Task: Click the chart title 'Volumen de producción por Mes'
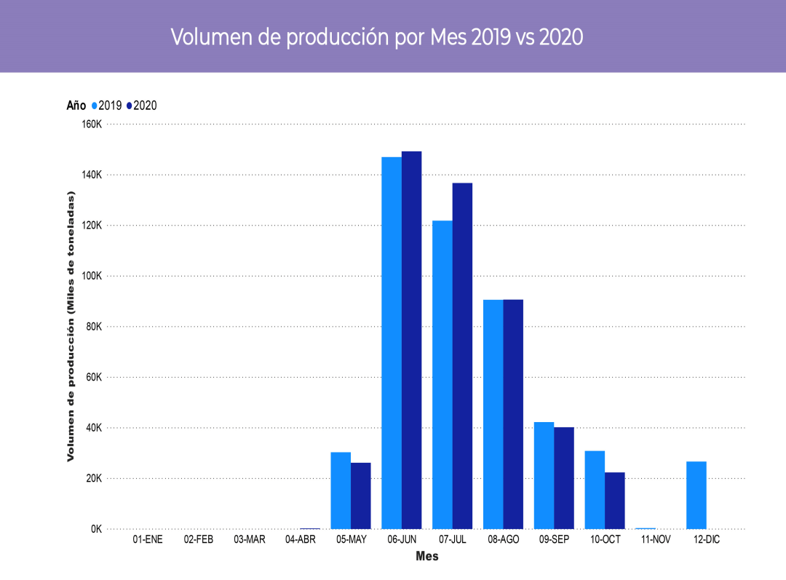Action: tap(377, 37)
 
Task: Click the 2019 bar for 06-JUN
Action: tap(392, 342)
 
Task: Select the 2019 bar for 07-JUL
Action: tap(442, 374)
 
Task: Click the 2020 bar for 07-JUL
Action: tap(462, 356)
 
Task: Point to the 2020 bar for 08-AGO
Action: tap(513, 414)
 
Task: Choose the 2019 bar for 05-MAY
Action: tap(341, 490)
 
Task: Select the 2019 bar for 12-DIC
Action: tap(696, 495)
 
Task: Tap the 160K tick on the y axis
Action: tap(92, 124)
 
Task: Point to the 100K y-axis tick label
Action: tap(92, 276)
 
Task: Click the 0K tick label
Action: tap(96, 529)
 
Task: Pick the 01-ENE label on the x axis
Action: tap(148, 540)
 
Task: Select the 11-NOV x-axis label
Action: tap(656, 540)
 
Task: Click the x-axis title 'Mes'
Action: tap(427, 557)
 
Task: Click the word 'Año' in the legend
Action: tap(76, 106)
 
